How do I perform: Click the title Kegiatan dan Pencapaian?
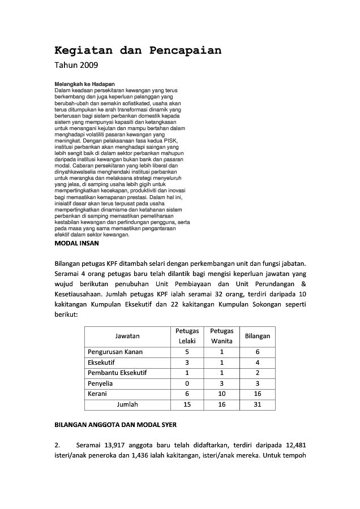pyautogui.click(x=138, y=50)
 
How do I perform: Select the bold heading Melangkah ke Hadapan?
pyautogui.click(x=84, y=84)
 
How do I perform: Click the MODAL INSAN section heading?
pyautogui.click(x=76, y=243)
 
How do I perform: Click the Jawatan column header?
pyautogui.click(x=127, y=335)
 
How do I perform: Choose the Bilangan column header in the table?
pyautogui.click(x=257, y=335)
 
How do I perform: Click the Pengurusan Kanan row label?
pyautogui.click(x=115, y=351)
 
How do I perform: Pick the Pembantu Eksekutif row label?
pyautogui.click(x=117, y=373)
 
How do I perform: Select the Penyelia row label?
pyautogui.click(x=101, y=383)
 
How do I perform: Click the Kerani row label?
pyautogui.click(x=98, y=394)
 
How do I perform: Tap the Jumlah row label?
pyautogui.click(x=127, y=404)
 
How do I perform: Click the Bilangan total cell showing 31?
pyautogui.click(x=257, y=404)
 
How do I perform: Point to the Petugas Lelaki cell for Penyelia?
pyautogui.click(x=187, y=383)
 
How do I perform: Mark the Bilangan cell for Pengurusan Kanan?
pyautogui.click(x=257, y=351)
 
